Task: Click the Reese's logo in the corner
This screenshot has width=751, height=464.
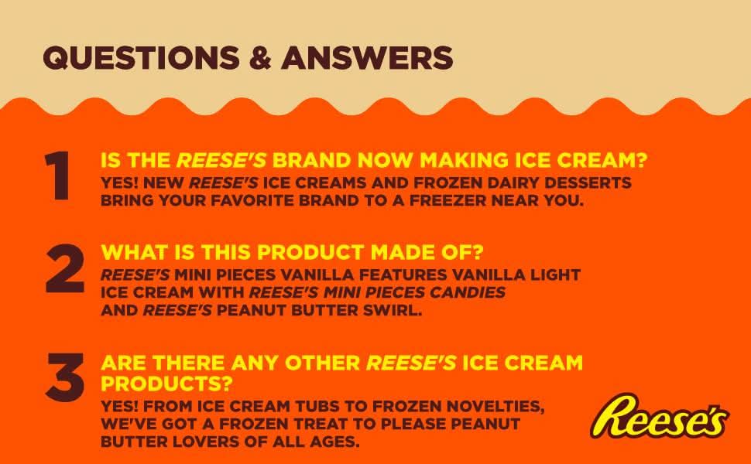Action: [x=660, y=417]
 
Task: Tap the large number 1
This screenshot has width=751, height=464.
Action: [x=58, y=176]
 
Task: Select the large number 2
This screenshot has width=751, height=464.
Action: [x=65, y=268]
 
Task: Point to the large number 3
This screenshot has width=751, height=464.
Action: [x=65, y=378]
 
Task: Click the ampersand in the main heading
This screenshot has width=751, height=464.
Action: [x=260, y=58]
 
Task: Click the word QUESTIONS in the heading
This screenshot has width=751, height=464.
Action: [x=141, y=58]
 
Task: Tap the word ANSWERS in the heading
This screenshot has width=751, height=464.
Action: [x=367, y=58]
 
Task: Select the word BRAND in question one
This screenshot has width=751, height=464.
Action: [x=312, y=161]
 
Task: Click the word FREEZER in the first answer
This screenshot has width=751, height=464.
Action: [x=447, y=200]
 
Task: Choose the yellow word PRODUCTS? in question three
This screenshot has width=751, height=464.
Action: [x=166, y=383]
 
